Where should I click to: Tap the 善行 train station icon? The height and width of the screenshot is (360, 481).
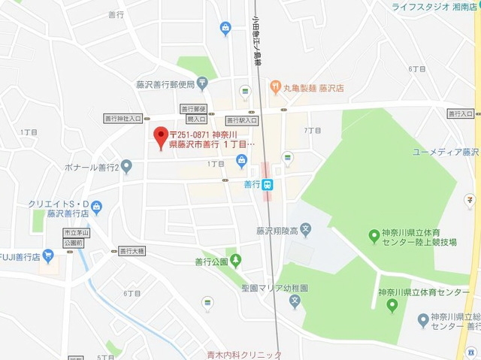pyautogui.click(x=268, y=184)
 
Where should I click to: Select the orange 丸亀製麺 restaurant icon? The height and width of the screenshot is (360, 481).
pyautogui.click(x=276, y=88)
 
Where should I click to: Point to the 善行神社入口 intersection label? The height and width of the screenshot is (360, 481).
pyautogui.click(x=123, y=119)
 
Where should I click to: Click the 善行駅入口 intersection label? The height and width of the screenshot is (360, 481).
pyautogui.click(x=242, y=120)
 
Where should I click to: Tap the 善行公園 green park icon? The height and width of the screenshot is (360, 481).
pyautogui.click(x=236, y=262)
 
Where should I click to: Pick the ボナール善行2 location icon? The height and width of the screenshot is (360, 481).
pyautogui.click(x=127, y=165)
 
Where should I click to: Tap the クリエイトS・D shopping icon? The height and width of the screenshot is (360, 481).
pyautogui.click(x=96, y=204)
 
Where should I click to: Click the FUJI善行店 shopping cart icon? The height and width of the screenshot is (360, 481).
pyautogui.click(x=49, y=256)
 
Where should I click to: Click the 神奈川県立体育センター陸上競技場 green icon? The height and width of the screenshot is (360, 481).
pyautogui.click(x=374, y=237)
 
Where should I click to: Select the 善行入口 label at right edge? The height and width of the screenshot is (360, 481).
pyautogui.click(x=460, y=113)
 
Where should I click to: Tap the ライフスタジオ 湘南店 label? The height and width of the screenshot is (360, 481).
pyautogui.click(x=435, y=7)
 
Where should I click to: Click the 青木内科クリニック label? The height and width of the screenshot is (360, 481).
pyautogui.click(x=245, y=355)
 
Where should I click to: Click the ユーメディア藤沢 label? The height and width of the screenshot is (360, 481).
pyautogui.click(x=446, y=152)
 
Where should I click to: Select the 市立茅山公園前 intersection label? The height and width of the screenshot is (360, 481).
pyautogui.click(x=77, y=238)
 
